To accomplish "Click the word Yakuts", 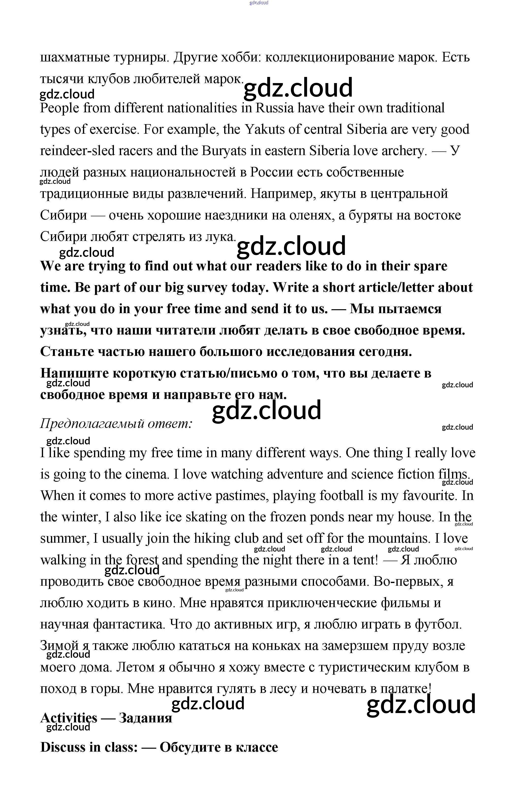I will [x=265, y=129].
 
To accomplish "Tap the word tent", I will [x=365, y=560].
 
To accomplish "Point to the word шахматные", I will [x=75, y=58].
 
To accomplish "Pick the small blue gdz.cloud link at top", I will [x=259, y=3].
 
